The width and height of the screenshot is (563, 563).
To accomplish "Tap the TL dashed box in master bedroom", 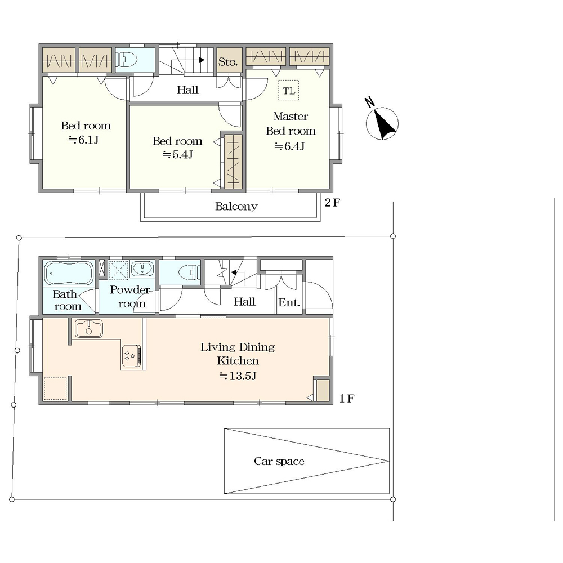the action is click(289, 90).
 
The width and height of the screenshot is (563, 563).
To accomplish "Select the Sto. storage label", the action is click(228, 62).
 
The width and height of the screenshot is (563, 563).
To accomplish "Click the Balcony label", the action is click(236, 206).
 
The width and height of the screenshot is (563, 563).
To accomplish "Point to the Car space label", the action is click(279, 461).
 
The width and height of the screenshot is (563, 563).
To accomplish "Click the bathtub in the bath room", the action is click(69, 273).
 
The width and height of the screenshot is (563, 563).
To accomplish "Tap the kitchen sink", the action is click(89, 329).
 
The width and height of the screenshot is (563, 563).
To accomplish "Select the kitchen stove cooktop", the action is click(132, 356).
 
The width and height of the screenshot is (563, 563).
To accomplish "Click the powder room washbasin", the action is click(142, 269).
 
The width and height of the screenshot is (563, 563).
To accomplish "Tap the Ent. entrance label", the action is click(289, 302).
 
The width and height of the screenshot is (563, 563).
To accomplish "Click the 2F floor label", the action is click(333, 203).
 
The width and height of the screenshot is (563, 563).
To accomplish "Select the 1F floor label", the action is click(347, 398).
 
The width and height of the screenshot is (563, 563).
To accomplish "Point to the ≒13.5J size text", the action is click(238, 376).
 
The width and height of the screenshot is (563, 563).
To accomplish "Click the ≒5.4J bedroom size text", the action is click(178, 155).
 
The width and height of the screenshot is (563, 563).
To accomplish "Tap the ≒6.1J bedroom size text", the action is click(84, 140).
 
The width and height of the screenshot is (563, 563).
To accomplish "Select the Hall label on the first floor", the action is click(244, 302).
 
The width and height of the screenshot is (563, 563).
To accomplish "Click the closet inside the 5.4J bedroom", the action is click(234, 161).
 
